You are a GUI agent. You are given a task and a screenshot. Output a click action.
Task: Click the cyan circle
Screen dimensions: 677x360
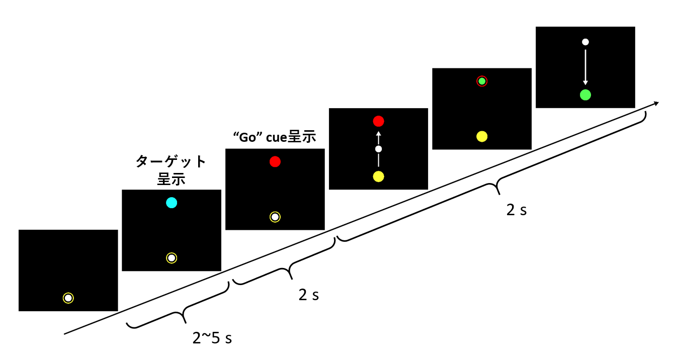(x=172, y=203)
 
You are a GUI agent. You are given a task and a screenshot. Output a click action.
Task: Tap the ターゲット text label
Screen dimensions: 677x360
(x=171, y=161)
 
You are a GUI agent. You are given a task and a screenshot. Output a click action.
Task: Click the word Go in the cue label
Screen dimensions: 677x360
(x=247, y=138)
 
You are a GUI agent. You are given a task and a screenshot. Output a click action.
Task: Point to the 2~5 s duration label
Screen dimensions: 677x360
(x=212, y=338)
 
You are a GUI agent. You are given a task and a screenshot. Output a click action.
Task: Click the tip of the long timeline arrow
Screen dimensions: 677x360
(x=658, y=103)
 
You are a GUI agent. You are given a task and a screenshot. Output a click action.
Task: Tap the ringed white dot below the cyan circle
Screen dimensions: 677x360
(x=172, y=258)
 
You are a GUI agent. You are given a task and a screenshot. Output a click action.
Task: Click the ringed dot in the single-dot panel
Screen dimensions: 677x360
(x=68, y=298)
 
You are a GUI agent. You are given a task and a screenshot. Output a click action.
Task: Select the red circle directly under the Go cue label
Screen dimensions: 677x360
(x=275, y=161)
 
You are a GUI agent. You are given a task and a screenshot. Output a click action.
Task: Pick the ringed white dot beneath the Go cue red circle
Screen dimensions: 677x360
(x=275, y=217)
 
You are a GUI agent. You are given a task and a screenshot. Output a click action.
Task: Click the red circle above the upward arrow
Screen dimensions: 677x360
(x=378, y=121)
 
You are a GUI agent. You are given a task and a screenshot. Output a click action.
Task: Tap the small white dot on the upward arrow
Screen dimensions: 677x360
(x=378, y=149)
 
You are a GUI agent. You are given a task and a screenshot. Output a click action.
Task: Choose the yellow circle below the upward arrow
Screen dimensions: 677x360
(x=378, y=176)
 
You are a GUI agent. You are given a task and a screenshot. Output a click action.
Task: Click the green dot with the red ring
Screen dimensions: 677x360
(x=482, y=81)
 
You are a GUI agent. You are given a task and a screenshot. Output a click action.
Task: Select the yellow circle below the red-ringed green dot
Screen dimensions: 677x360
(x=482, y=136)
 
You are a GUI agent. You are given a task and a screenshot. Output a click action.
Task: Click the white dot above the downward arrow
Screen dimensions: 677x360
(x=585, y=42)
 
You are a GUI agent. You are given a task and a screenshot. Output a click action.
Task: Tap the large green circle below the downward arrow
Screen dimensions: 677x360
(x=585, y=95)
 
